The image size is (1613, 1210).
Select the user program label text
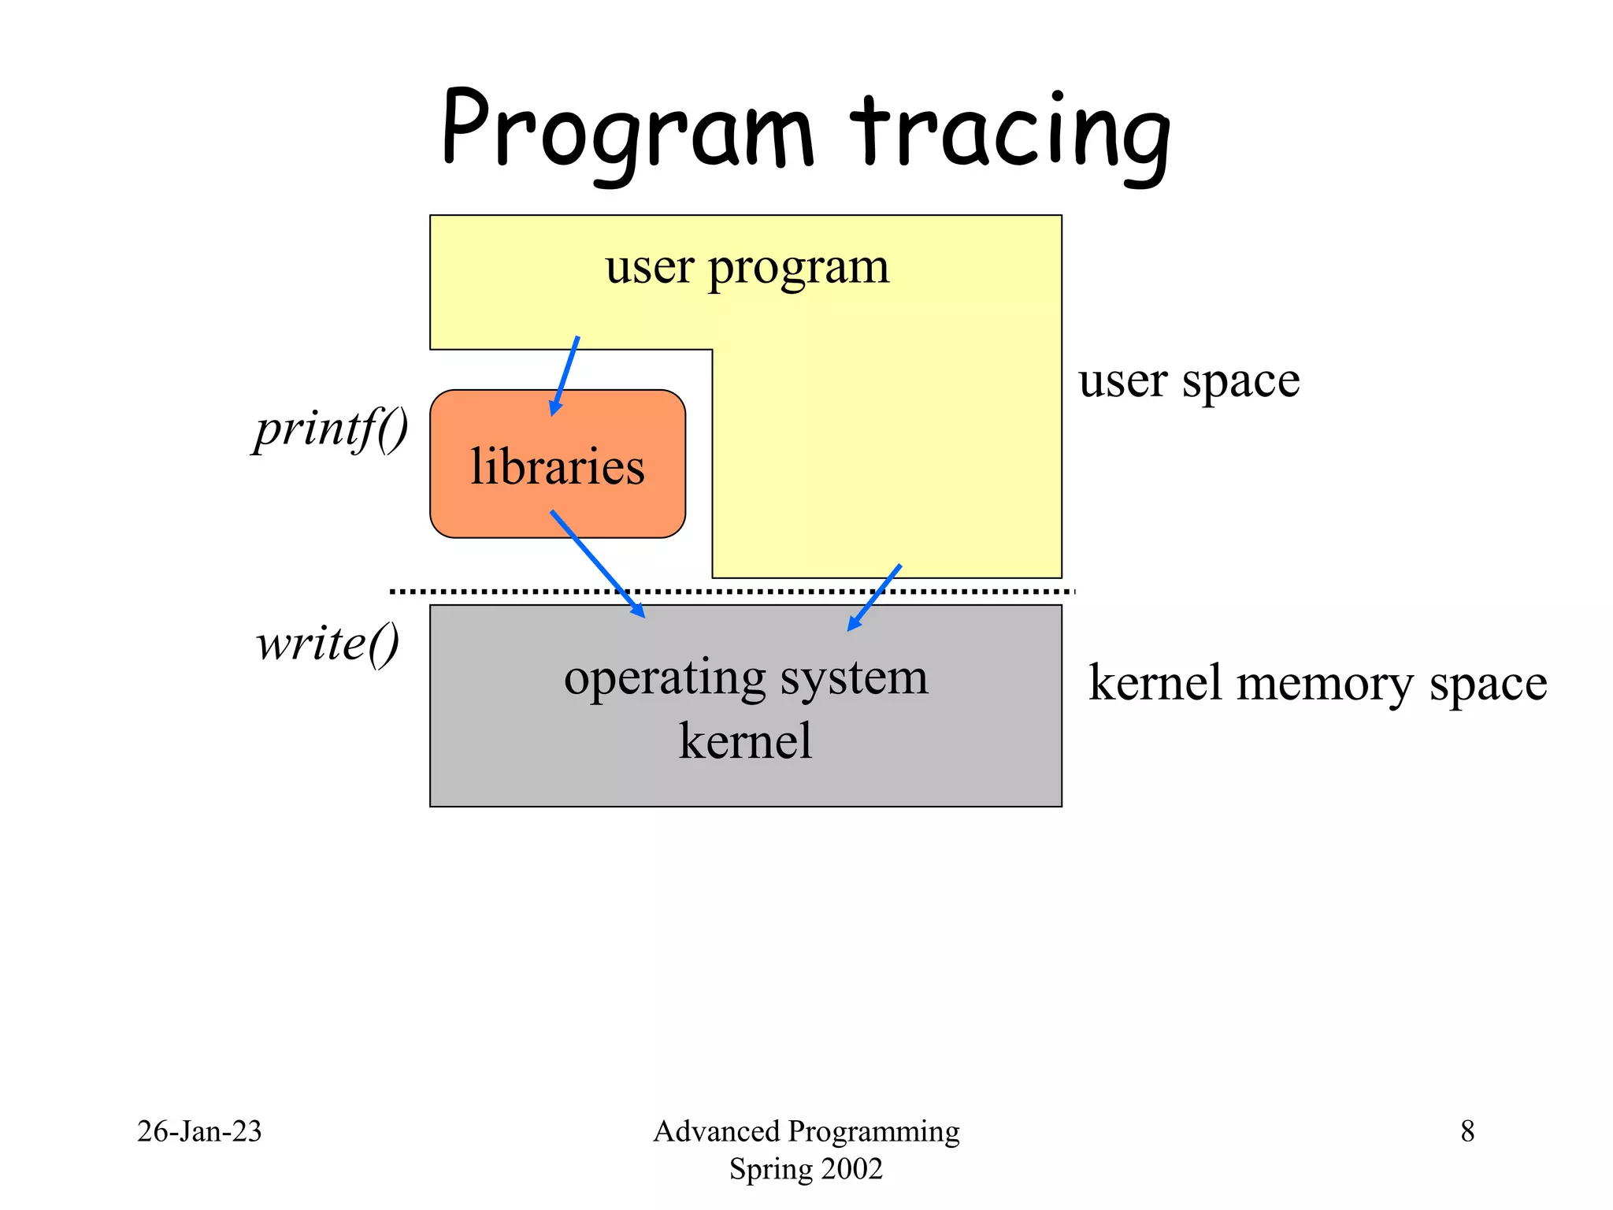coord(747,267)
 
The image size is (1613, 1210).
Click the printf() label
coord(331,429)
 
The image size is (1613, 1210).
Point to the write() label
coord(328,644)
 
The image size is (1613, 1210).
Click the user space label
coord(1188,382)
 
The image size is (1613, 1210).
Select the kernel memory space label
coord(1318,683)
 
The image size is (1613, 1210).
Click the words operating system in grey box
coord(746,677)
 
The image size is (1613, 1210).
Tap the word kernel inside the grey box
coord(745,741)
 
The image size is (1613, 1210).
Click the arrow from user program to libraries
coord(566,375)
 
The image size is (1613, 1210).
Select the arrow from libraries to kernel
coord(596,562)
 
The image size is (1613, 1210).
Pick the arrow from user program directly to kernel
coord(875,597)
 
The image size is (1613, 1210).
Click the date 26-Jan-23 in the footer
coord(199,1131)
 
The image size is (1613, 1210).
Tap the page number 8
coord(1467,1131)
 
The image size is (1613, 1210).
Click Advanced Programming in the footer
coord(806,1131)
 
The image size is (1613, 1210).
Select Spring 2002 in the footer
coord(806,1169)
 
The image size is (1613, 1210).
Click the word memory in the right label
coord(1324,683)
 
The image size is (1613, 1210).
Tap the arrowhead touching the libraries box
coord(555,408)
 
